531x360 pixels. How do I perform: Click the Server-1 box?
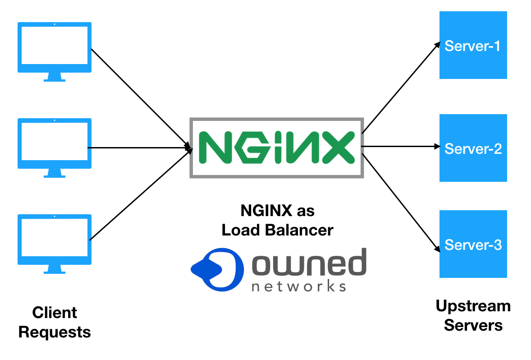[x=473, y=45]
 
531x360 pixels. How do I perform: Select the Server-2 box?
[x=473, y=148]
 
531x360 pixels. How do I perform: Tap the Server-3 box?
[x=473, y=244]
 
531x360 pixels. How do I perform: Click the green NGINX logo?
[x=276, y=148]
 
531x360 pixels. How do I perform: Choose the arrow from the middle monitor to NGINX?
[x=140, y=147]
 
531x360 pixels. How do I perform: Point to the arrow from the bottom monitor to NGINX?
[x=140, y=194]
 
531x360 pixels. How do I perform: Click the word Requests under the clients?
[x=55, y=332]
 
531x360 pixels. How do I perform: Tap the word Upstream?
[x=473, y=306]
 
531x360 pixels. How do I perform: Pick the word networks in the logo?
[x=298, y=286]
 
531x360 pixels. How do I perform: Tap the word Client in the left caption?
[x=55, y=313]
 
